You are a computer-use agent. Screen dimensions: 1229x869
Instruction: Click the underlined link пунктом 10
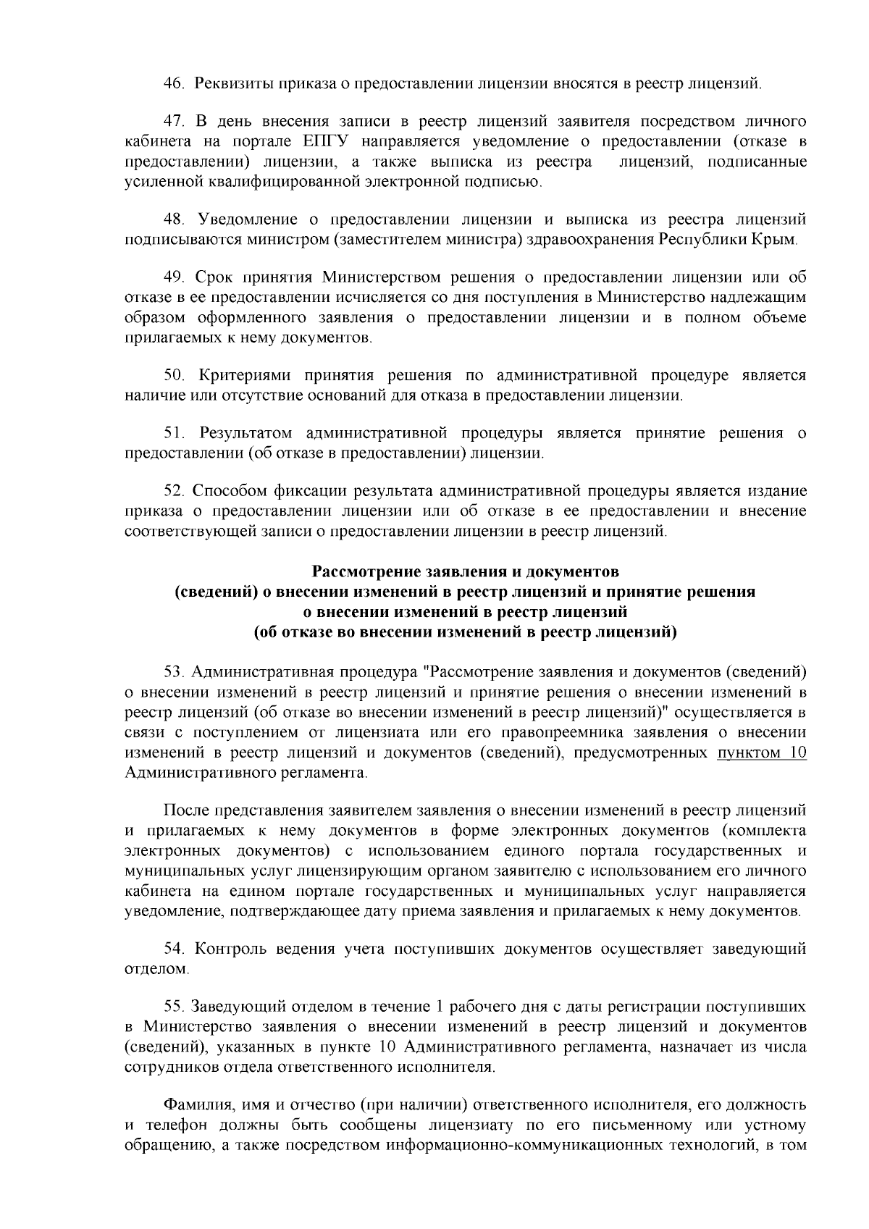click(761, 753)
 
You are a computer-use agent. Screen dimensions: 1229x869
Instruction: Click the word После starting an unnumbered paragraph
click(185, 810)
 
